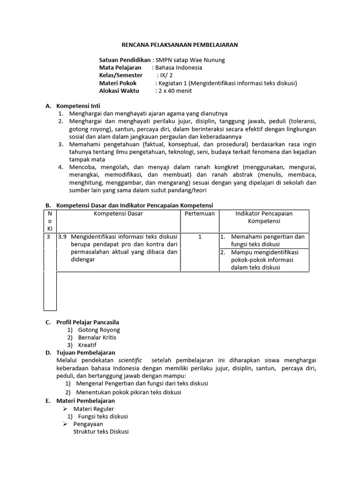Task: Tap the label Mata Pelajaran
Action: coord(120,67)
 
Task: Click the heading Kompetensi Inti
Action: coord(78,106)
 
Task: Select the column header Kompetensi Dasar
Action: coord(118,213)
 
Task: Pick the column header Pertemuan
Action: coord(200,213)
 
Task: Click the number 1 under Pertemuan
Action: coord(200,237)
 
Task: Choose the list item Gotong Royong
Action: coord(99,330)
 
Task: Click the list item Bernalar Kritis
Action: coord(97,337)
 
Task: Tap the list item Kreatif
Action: coord(87,345)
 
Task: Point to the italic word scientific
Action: coord(130,360)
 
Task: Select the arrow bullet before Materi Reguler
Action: coord(66,409)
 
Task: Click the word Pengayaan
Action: coord(88,424)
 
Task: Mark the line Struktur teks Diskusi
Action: coord(101,432)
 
